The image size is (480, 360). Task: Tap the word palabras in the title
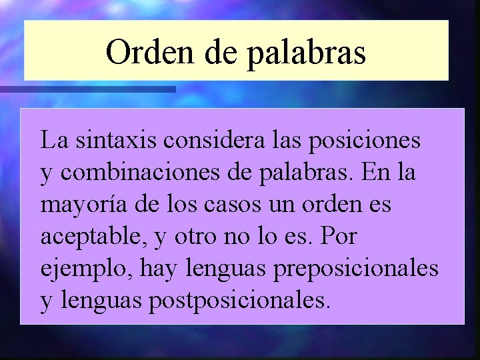307,53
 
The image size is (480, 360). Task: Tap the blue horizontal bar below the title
87,89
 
